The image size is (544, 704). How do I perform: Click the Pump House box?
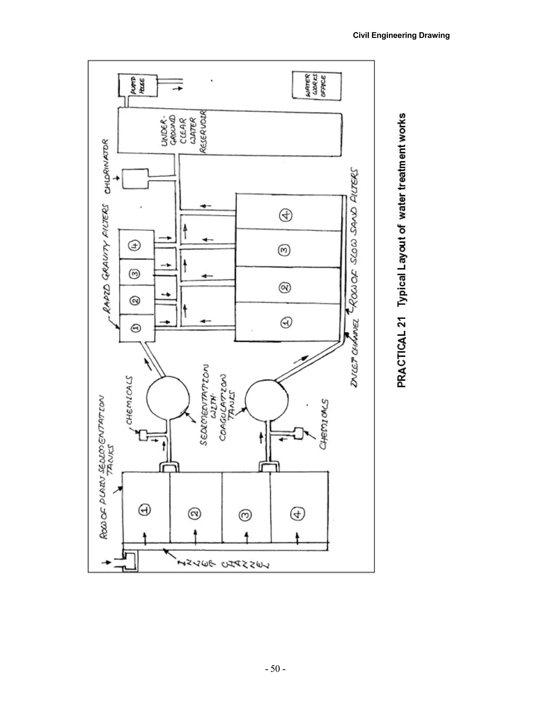tap(138, 85)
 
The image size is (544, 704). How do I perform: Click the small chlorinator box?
tap(135, 179)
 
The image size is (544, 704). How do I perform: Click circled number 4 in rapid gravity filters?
tap(135, 246)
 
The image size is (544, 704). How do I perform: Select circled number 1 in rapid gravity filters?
tap(136, 328)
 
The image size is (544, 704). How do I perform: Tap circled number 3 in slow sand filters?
tap(284, 251)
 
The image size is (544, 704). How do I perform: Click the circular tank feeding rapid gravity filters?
tap(168, 397)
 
